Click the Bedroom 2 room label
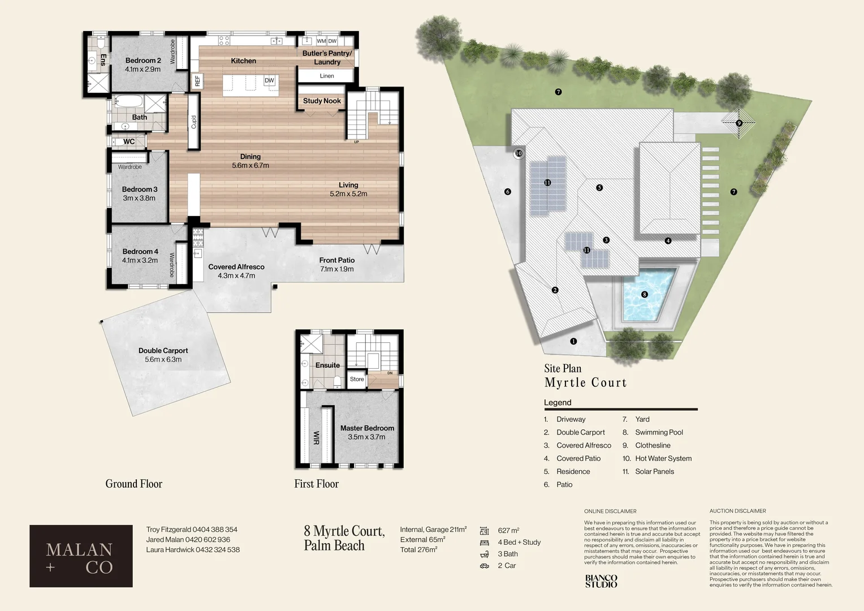tap(143, 61)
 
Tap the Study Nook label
tap(322, 101)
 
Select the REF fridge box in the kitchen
tap(197, 81)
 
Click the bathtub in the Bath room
tap(129, 102)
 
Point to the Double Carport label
tap(163, 351)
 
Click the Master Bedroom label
tap(367, 428)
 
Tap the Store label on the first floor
tap(357, 379)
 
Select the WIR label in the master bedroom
tap(316, 438)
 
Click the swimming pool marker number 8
tap(644, 294)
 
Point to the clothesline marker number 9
tap(738, 123)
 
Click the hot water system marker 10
tap(519, 153)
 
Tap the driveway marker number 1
tap(573, 341)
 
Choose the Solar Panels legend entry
tap(654, 471)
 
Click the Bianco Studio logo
tap(601, 581)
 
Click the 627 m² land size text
tap(508, 531)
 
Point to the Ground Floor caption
tap(133, 484)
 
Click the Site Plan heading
tap(563, 368)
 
